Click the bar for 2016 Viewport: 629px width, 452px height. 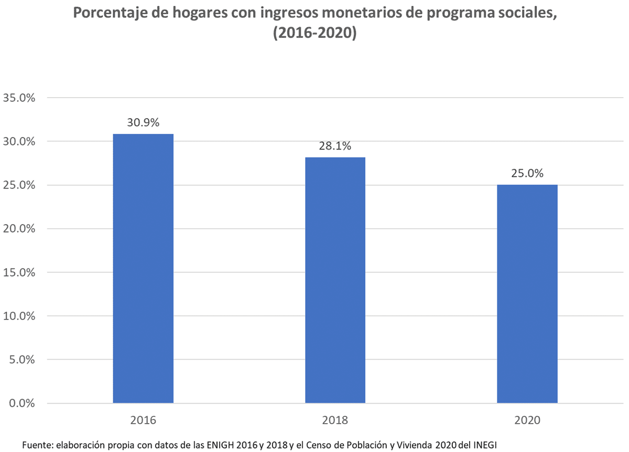point(143,268)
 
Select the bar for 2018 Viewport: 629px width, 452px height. point(335,280)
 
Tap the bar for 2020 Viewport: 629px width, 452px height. point(527,293)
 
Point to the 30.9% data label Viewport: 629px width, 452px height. point(143,122)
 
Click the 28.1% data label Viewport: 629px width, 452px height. point(335,146)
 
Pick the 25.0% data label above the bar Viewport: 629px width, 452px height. point(527,173)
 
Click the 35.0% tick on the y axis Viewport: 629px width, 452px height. point(19,98)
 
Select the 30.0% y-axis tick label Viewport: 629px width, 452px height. point(19,142)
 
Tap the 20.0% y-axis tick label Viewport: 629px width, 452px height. point(19,229)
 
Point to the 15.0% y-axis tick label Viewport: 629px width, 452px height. point(19,272)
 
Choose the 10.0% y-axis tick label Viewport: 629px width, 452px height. point(19,316)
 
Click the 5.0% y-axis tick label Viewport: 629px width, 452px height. point(21,360)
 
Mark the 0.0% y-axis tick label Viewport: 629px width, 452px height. point(21,403)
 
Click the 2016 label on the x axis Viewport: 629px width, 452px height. point(143,421)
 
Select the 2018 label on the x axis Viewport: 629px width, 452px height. point(335,421)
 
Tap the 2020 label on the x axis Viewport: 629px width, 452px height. point(527,421)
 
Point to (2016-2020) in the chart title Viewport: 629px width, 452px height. point(314,34)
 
